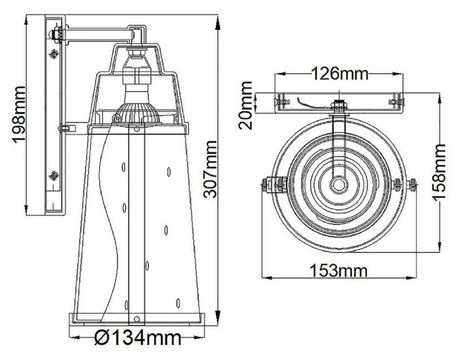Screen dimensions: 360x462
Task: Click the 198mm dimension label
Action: pyautogui.click(x=18, y=115)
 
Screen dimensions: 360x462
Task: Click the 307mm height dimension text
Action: pyautogui.click(x=210, y=169)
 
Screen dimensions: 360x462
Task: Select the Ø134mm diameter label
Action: pyautogui.click(x=137, y=338)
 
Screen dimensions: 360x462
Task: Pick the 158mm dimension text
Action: pyautogui.click(x=439, y=172)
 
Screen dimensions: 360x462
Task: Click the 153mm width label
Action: pyautogui.click(x=339, y=271)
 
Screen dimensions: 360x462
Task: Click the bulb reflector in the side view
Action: pyautogui.click(x=136, y=114)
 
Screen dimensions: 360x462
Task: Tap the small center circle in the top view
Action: pyautogui.click(x=339, y=184)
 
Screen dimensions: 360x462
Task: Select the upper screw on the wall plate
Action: pyautogui.click(x=54, y=54)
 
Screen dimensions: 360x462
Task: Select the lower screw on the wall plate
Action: pyautogui.click(x=54, y=176)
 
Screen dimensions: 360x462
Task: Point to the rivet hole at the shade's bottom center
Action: pyautogui.click(x=136, y=318)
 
